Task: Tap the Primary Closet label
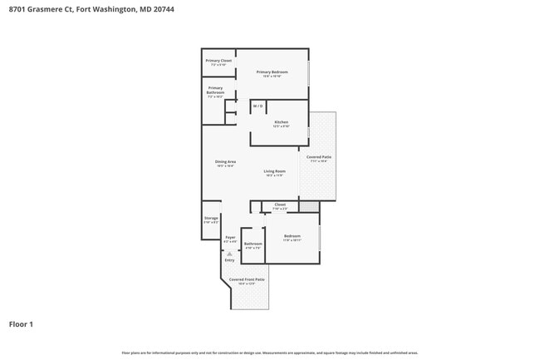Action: pos(218,61)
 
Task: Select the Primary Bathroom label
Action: pos(215,90)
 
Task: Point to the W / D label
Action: pos(258,106)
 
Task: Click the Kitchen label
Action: pos(281,122)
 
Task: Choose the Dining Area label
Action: pos(225,161)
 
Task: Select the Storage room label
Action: pos(211,219)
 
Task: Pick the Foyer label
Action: pos(230,238)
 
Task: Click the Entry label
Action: pos(229,260)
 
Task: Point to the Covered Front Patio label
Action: pos(247,279)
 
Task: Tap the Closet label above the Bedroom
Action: pos(280,204)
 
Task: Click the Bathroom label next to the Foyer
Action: pos(253,244)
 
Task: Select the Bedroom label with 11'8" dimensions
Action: pos(292,237)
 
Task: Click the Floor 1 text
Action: pos(21,323)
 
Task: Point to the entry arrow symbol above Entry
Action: pos(229,252)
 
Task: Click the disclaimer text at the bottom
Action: pos(269,353)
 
